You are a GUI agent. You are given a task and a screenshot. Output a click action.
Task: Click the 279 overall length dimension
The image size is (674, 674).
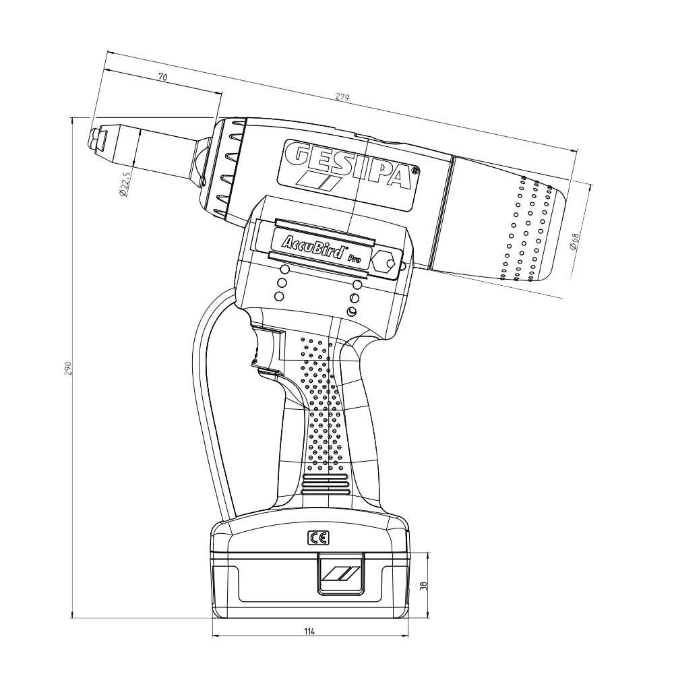click(342, 98)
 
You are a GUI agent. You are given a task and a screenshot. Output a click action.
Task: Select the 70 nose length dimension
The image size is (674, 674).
click(162, 78)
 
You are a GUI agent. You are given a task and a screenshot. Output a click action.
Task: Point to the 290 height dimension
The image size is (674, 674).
click(67, 369)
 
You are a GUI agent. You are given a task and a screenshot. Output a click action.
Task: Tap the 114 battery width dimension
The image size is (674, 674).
click(309, 631)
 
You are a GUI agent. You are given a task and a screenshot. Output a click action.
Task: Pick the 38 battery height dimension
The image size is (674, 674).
click(423, 585)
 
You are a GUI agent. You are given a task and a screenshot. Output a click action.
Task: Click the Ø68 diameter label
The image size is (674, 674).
click(574, 241)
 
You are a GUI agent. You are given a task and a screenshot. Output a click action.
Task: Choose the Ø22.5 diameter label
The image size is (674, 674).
click(124, 183)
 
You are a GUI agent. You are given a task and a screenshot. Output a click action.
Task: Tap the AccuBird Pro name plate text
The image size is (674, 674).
click(321, 249)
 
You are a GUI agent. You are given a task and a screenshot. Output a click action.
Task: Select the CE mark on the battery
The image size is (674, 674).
click(319, 538)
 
